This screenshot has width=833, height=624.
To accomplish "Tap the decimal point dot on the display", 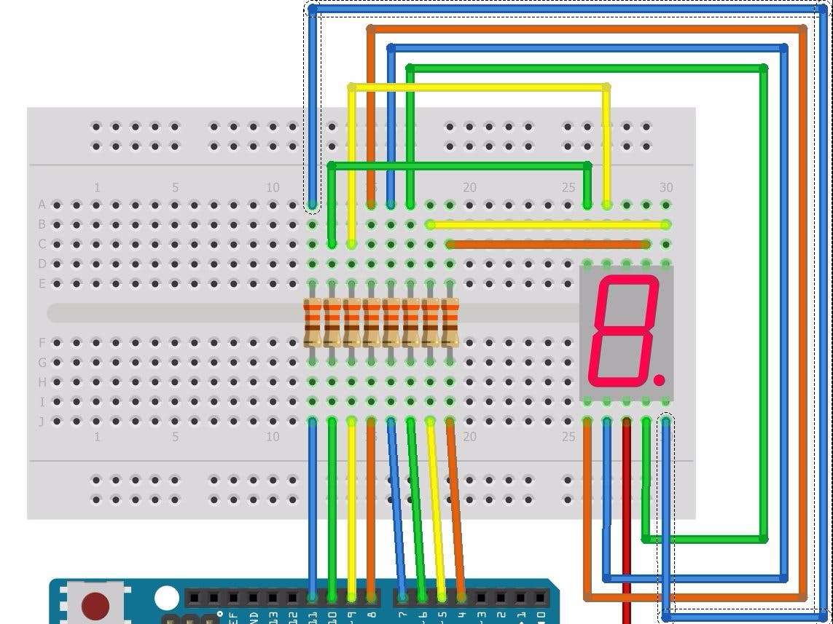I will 659,380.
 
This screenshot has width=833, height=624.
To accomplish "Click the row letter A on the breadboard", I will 42,205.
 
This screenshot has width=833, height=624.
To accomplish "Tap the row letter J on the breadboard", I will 42,421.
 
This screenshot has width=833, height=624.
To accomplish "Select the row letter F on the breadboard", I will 42,342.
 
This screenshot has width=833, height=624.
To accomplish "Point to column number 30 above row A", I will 665,188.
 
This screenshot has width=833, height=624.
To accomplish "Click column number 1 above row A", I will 97,188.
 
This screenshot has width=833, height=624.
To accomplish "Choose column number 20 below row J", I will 469,437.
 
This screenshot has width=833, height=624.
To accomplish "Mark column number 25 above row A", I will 568,188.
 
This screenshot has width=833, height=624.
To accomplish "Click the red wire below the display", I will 627,510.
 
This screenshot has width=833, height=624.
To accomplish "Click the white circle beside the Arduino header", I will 167,599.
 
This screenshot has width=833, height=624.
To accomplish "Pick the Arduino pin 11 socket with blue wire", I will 313,599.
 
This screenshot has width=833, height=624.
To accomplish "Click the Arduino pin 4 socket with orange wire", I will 462,599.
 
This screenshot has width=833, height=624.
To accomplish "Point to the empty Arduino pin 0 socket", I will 541,599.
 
